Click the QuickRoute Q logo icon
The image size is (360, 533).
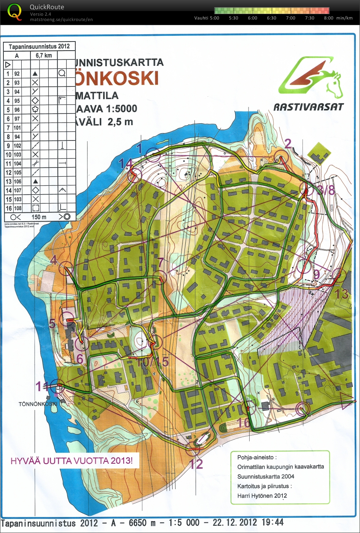pos(15,12)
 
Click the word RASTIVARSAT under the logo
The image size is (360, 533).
pos(308,107)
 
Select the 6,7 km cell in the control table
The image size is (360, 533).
pos(44,56)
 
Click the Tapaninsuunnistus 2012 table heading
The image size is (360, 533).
pos(39,46)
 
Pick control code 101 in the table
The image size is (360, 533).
pos(17,128)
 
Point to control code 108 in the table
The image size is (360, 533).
pos(17,208)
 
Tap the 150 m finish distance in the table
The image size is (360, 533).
pos(39,217)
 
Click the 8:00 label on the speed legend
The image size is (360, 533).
pos(328,18)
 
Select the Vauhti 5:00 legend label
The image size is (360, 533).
pos(207,18)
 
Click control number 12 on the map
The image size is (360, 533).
pos(196,464)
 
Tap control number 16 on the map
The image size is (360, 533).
pos(244,423)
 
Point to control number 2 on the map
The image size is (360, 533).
pos(288,144)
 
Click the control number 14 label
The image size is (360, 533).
pos(125,163)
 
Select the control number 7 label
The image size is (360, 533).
pos(161,262)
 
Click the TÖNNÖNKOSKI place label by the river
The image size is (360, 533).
pos(38,404)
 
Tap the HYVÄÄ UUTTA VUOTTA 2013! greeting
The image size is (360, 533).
pos(72,461)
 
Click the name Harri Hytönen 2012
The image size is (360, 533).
pos(262,496)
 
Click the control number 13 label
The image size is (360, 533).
pos(342,294)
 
